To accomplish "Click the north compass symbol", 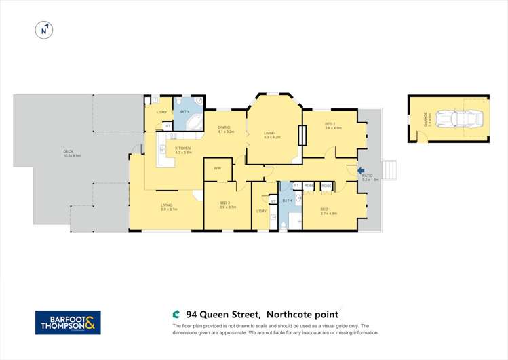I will click(x=43, y=30).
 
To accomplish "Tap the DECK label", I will click(x=68, y=151).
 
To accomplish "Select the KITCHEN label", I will click(x=183, y=148).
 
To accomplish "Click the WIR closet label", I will click(x=218, y=167).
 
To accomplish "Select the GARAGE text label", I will click(x=425, y=119).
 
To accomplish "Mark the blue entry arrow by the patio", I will click(x=360, y=172).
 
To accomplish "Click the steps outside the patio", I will click(x=389, y=169).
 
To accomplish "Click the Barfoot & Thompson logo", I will click(x=68, y=322).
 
